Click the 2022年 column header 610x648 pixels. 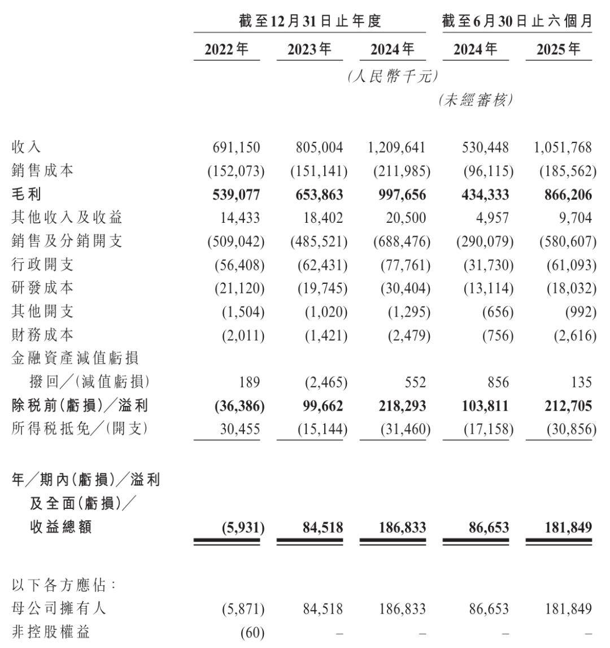tap(226, 50)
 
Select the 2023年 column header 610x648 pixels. tap(310, 50)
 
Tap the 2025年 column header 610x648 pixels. tap(559, 50)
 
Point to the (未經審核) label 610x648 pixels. tap(476, 101)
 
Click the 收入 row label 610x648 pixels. tap(27, 148)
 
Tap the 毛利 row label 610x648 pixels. tap(27, 195)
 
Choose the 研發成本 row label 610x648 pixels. tap(42, 288)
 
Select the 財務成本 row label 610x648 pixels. tap(42, 335)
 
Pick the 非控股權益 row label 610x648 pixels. tap(50, 632)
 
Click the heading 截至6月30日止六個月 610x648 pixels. tap(517, 21)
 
